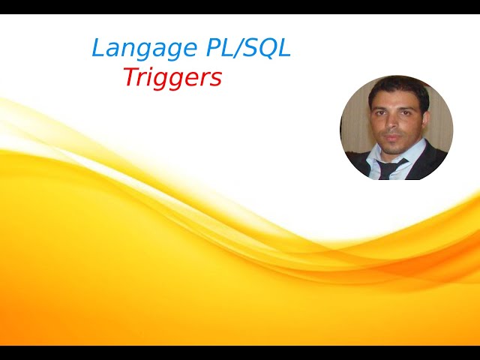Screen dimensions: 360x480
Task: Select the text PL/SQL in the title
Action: point(247,49)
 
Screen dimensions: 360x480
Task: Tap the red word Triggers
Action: point(172,77)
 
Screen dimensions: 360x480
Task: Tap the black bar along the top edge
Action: point(240,7)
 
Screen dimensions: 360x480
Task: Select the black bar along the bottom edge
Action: point(240,352)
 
